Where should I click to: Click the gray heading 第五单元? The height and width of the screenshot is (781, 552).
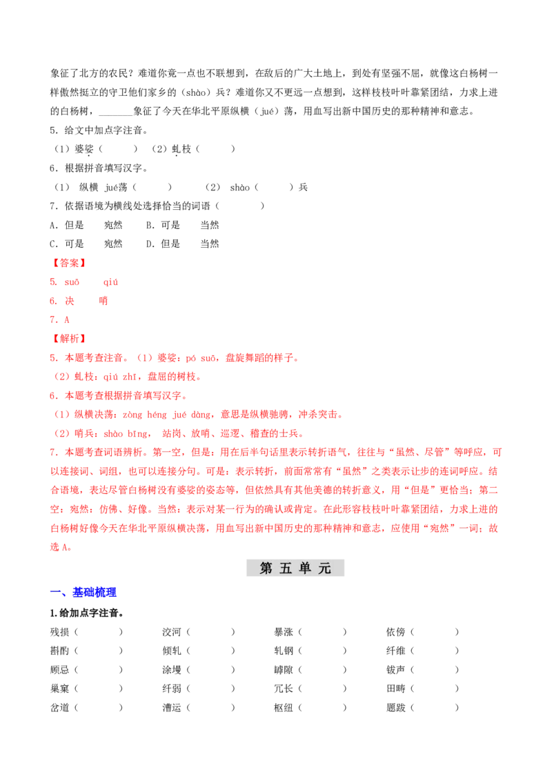[295, 568]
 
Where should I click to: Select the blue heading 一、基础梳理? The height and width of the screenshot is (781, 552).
[83, 592]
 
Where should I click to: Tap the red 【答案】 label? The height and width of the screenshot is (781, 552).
[69, 263]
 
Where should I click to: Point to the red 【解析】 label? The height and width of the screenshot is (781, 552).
[69, 339]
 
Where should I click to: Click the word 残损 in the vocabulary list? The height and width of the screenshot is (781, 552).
[60, 632]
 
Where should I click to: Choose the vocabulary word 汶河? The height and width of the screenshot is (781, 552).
[172, 632]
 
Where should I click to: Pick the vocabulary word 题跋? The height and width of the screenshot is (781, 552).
[396, 708]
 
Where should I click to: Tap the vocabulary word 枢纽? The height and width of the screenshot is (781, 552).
[284, 708]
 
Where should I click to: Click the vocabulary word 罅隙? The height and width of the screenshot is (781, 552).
[284, 670]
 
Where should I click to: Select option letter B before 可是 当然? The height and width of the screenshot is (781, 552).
[150, 225]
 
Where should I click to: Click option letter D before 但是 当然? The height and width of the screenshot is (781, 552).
[150, 244]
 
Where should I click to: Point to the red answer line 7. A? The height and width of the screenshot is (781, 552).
[60, 319]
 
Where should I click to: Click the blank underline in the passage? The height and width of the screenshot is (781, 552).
[116, 115]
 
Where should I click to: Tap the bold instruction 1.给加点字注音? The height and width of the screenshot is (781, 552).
[87, 613]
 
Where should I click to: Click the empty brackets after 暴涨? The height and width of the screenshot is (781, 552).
[323, 632]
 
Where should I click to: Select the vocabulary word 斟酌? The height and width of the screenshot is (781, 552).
[60, 651]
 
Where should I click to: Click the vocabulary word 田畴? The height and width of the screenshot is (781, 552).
[396, 689]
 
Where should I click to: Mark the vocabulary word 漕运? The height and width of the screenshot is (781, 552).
[172, 708]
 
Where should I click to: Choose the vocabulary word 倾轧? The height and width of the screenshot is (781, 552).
[172, 651]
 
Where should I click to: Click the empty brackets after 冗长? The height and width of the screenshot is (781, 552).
[323, 689]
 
